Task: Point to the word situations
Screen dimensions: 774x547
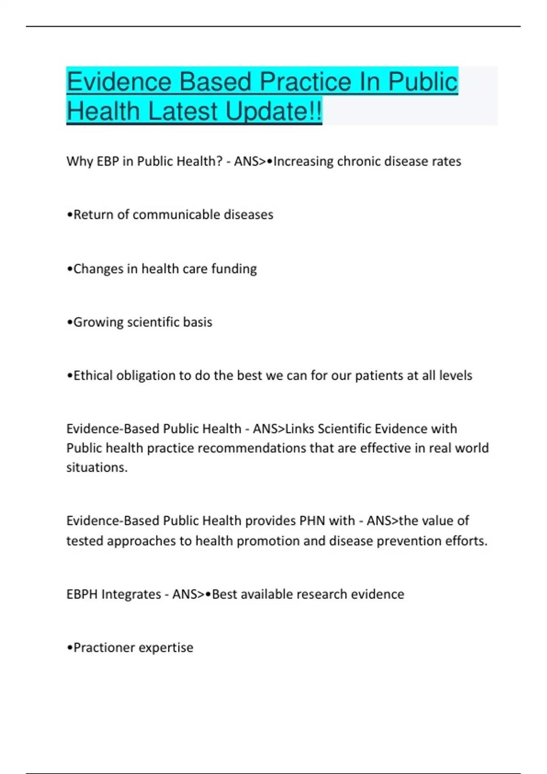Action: pos(97,468)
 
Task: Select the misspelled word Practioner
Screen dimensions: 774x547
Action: pos(102,647)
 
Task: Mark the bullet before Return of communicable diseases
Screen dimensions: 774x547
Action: pos(70,215)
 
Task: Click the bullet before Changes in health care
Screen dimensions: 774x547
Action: pos(70,269)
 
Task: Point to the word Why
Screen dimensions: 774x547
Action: pos(80,161)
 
